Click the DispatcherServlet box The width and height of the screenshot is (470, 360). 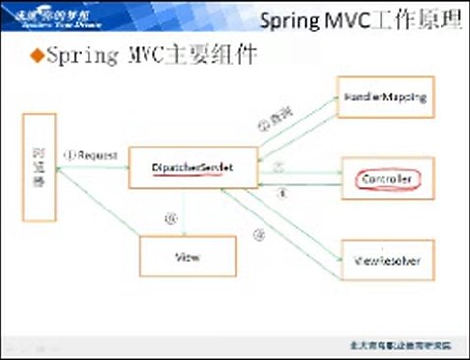192,167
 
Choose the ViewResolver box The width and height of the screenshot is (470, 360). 385,262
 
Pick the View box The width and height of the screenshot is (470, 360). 188,256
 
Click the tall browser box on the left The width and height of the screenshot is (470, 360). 39,170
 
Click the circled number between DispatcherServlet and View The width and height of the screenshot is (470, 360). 171,219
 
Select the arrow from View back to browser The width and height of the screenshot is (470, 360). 98,211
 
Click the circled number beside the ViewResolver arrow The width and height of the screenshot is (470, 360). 260,234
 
